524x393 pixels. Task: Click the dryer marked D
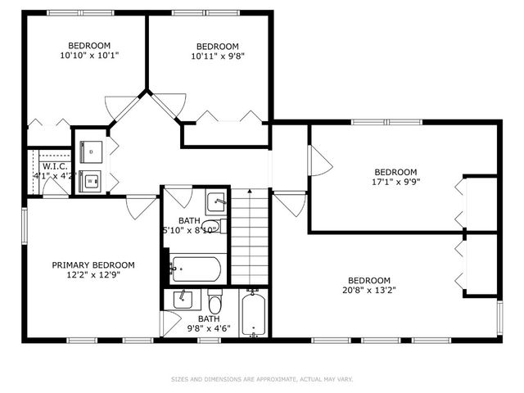tap(91, 152)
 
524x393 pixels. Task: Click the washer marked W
tap(91, 181)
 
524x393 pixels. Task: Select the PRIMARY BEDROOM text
tap(93, 265)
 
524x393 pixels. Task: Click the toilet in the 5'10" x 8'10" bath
tap(210, 227)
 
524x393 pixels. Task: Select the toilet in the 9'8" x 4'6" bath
tap(215, 300)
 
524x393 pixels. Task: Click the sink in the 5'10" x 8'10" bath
tap(216, 201)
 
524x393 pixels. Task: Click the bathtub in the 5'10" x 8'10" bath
tap(196, 268)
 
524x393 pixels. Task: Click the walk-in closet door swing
tap(55, 186)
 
